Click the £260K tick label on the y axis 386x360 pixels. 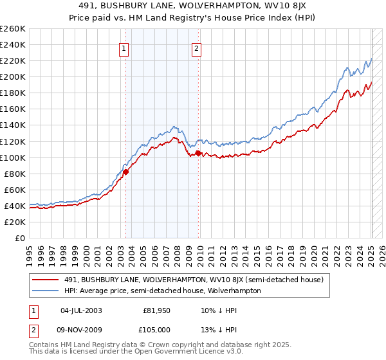click(x=13, y=28)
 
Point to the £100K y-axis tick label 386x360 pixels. click(x=13, y=157)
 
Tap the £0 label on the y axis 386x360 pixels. click(x=20, y=238)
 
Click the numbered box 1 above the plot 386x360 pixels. click(x=123, y=47)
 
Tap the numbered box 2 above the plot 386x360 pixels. click(x=196, y=47)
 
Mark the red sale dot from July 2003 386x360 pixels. click(x=126, y=172)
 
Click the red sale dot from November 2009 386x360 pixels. click(x=198, y=153)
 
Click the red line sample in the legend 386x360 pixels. click(x=46, y=280)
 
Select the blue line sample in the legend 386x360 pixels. click(x=46, y=291)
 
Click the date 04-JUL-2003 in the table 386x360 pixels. click(x=81, y=310)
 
